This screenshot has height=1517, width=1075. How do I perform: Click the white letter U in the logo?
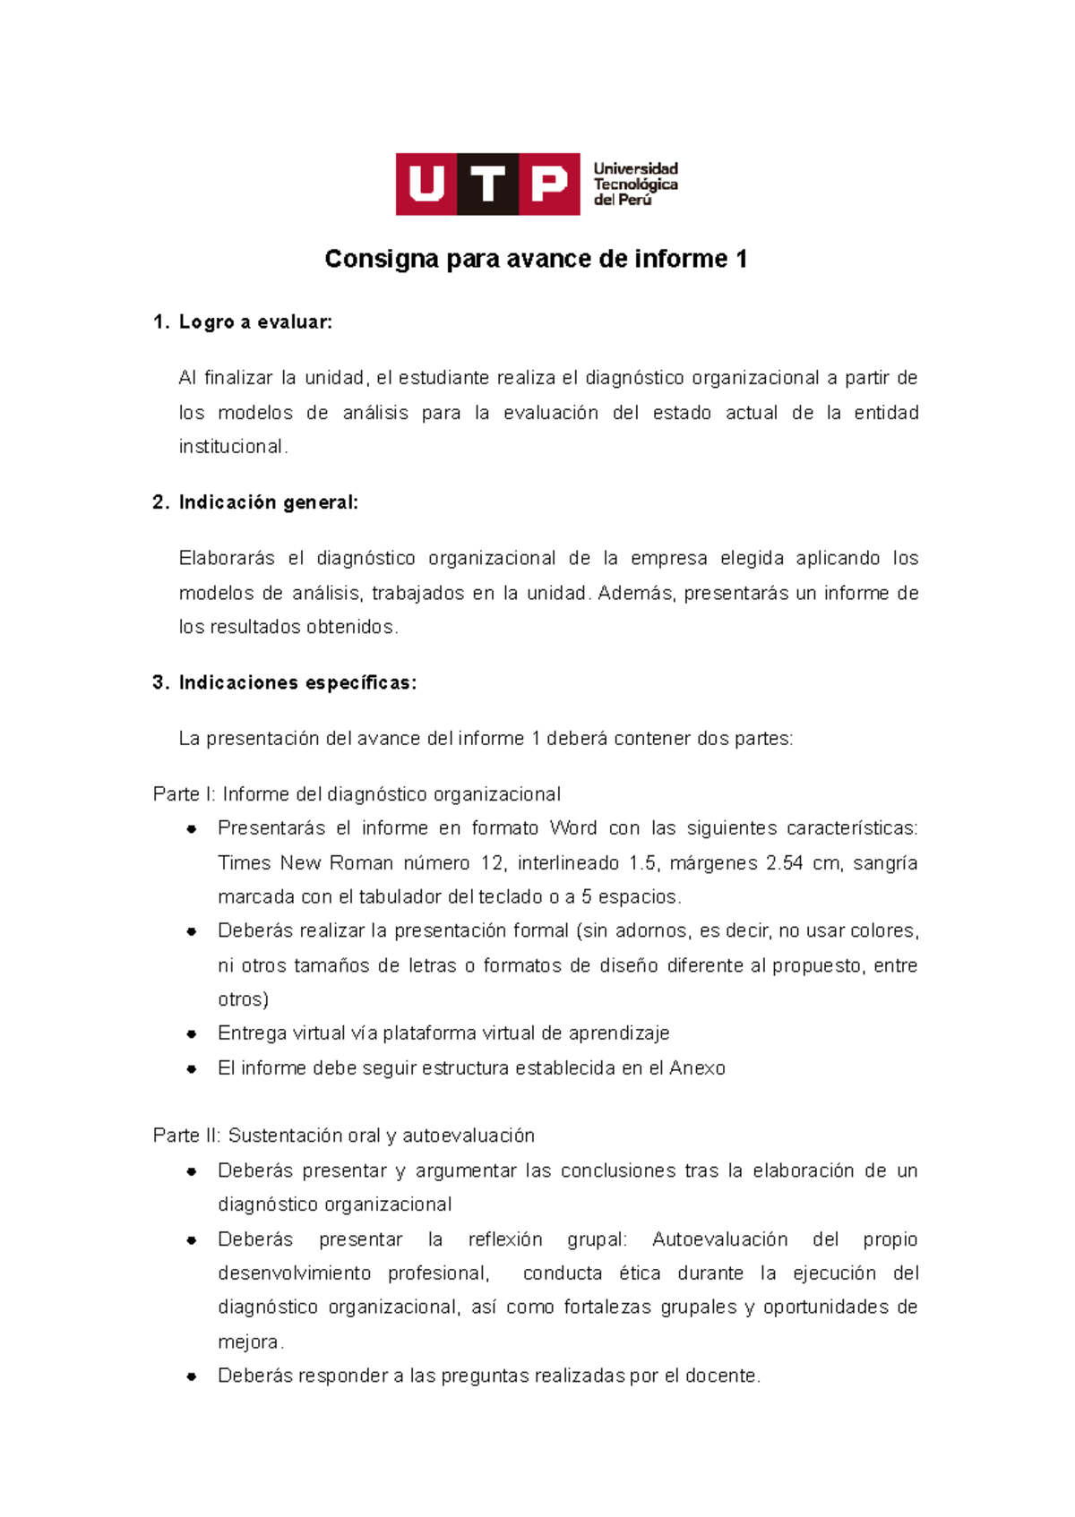coord(426,184)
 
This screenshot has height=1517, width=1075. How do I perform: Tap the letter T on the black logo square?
coord(487,184)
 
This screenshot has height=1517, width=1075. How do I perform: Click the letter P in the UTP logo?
coord(549,184)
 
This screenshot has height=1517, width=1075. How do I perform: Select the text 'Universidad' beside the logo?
coord(635,168)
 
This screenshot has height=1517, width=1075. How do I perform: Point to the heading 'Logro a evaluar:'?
coord(255,322)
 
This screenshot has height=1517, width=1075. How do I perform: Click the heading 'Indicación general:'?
coord(268,502)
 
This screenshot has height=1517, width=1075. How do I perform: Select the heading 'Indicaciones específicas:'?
coord(297,682)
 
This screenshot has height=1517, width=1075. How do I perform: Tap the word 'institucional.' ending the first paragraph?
coord(233,447)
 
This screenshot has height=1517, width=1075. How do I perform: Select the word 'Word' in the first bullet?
coord(572,828)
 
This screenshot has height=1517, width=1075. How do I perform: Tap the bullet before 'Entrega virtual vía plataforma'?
coord(192,1033)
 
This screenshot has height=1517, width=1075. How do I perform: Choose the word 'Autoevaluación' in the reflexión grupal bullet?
coord(719,1239)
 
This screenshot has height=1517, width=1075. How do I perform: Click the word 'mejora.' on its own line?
coord(251,1342)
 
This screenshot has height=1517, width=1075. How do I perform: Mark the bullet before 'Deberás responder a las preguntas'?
coord(192,1376)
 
